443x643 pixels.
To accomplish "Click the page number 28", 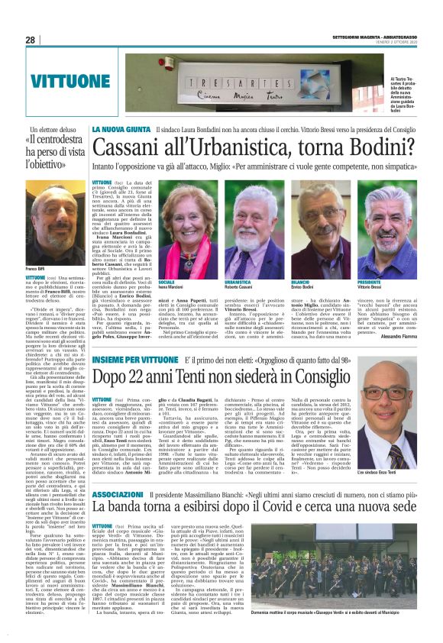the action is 31,40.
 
